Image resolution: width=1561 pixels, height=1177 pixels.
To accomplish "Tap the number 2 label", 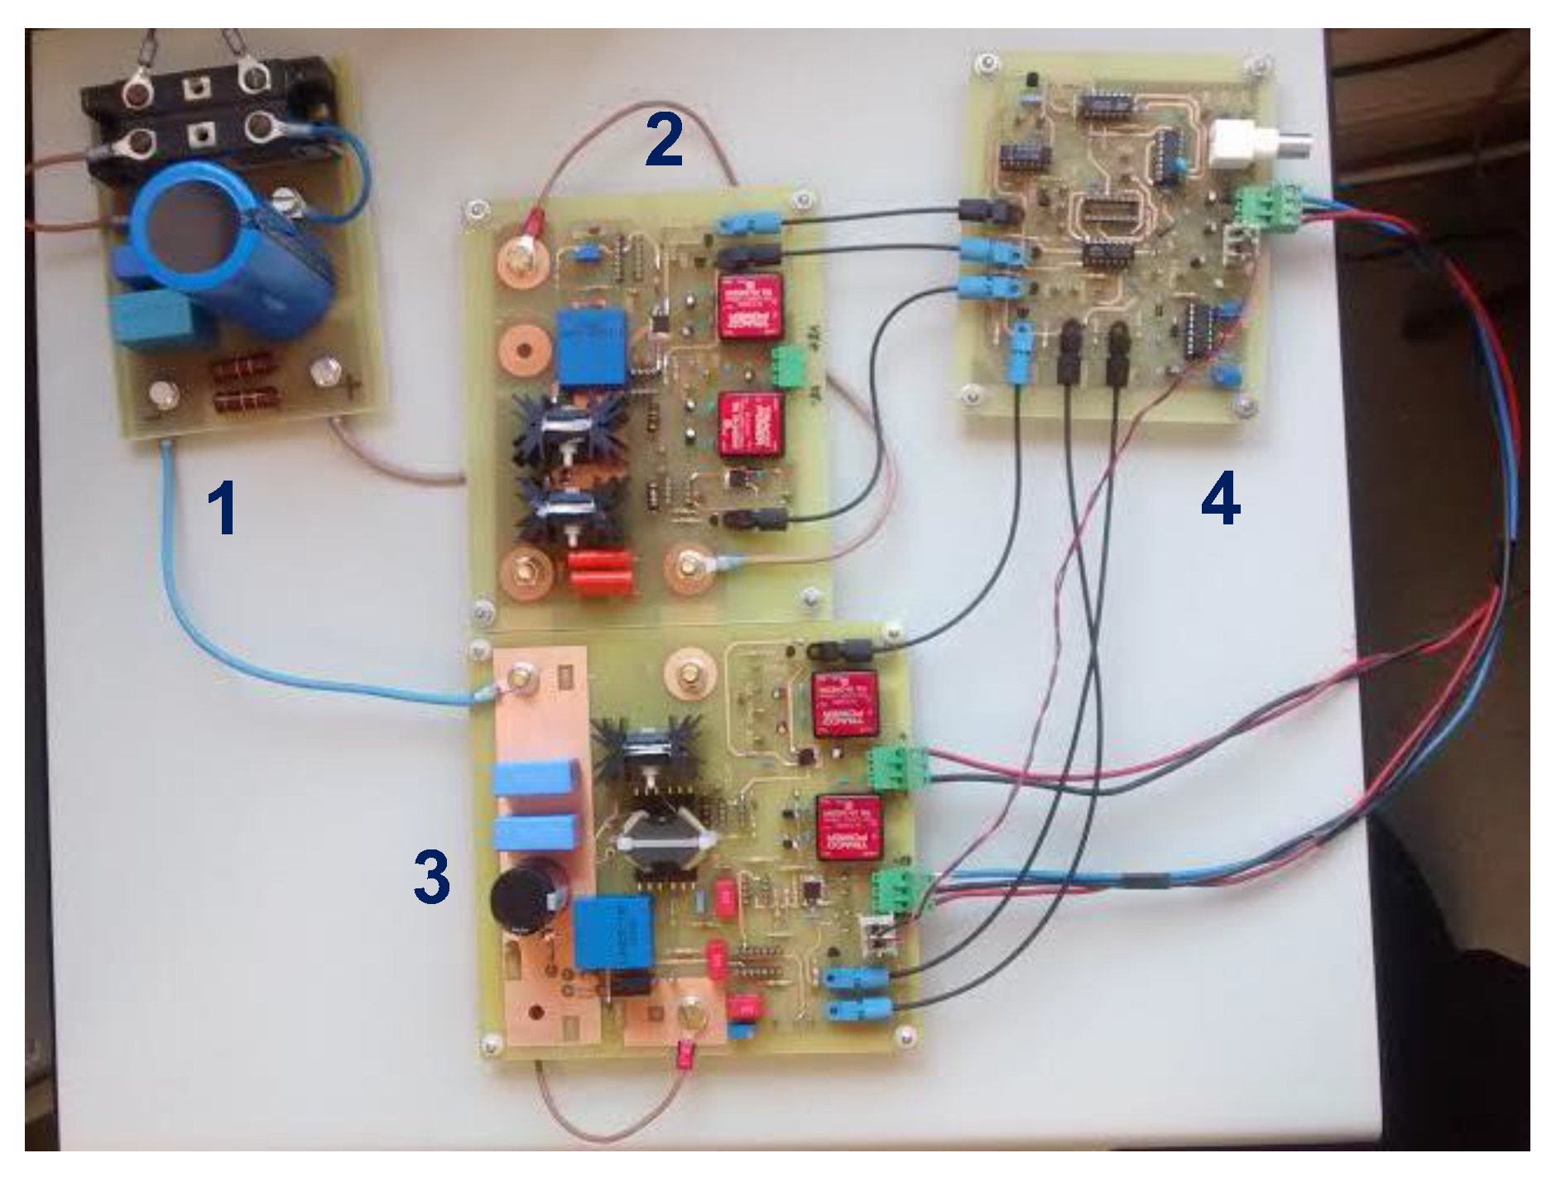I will coord(664,140).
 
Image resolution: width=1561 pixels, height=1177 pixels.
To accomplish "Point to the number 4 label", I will coord(1220,500).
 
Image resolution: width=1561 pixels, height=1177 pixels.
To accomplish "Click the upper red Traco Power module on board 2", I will coord(750,306).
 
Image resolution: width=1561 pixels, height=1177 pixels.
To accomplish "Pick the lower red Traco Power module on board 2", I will coord(752,424).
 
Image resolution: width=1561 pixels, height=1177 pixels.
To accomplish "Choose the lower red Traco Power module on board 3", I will coord(850,829).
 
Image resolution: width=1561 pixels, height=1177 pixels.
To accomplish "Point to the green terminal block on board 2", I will coord(789,366).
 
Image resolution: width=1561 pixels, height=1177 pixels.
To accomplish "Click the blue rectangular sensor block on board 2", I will coord(593,347).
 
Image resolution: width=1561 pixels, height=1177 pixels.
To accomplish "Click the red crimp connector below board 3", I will coord(684,1055).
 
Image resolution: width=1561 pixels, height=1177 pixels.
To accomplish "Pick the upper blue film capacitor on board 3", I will coord(535,779).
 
